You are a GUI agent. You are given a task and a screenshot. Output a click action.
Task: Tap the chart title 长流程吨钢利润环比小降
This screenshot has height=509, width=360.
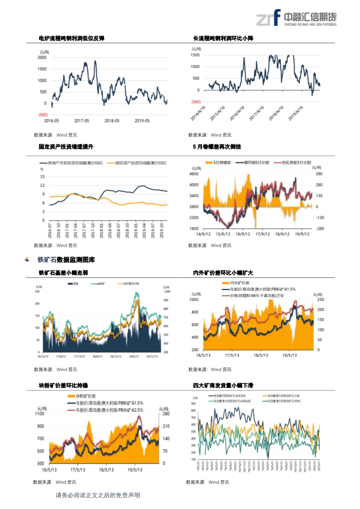[223, 39]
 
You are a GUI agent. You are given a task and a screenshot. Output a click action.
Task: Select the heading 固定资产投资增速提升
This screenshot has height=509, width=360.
[66, 147]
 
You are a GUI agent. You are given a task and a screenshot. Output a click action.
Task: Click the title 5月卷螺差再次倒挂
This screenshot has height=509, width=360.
[217, 147]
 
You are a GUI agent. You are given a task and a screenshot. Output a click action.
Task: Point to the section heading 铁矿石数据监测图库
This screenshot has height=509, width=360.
[66, 260]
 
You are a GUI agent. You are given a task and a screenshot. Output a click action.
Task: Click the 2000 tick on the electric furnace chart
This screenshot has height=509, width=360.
[42, 58]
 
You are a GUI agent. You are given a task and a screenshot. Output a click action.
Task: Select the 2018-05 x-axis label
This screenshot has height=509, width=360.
[112, 121]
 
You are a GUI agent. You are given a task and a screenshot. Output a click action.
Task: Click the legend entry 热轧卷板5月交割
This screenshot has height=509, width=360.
[296, 162]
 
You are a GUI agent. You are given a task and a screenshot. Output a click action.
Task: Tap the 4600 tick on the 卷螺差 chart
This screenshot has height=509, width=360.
[194, 174]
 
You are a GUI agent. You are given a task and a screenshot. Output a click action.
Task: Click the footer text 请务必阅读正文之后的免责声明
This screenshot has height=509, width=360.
[98, 495]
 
